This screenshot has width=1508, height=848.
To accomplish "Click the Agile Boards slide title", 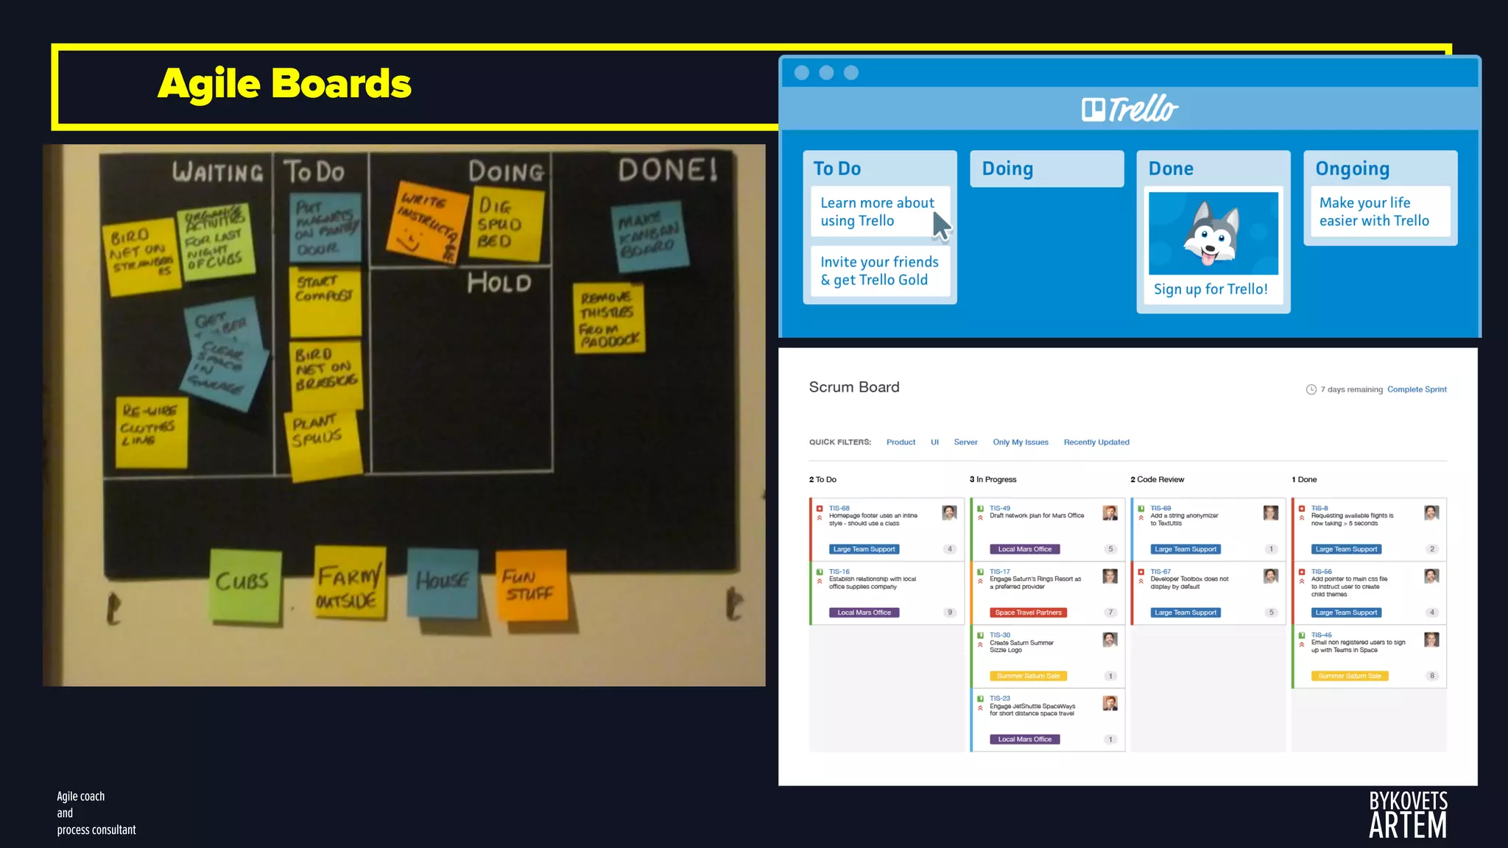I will coord(284,83).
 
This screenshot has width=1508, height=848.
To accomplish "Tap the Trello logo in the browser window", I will coord(1130,109).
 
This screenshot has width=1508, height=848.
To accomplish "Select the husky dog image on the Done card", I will coord(1213,233).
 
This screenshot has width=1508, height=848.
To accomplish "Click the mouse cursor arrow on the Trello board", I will coord(941,226).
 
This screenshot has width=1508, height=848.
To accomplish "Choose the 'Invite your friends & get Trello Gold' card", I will coord(879,271).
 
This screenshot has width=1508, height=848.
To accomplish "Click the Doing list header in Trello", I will coord(1007,169).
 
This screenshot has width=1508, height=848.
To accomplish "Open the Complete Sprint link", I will coord(1416,389).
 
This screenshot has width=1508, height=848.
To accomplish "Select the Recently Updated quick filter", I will coord(1096,442).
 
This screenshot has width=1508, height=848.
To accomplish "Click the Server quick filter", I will coord(965,442).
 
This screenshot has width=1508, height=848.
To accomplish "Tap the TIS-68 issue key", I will coord(839,508).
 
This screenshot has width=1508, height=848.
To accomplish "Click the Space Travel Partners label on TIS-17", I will coord(1028,612).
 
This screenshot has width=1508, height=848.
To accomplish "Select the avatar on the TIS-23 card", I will coord(1110,703).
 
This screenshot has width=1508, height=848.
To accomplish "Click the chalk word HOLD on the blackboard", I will coord(499,283).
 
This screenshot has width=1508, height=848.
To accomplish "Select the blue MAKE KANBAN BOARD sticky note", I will coord(649,236).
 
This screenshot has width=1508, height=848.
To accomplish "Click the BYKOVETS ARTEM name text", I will coord(1407,814).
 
